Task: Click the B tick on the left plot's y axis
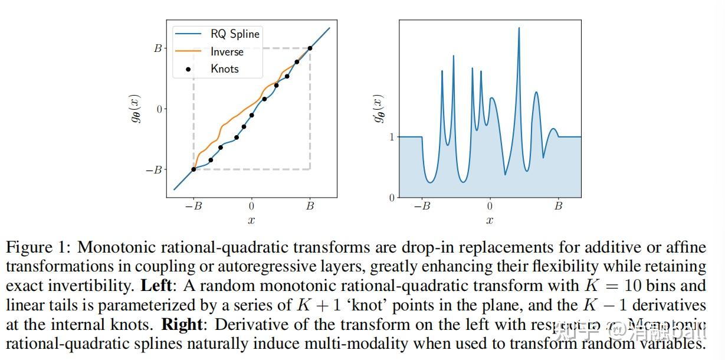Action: tap(158, 48)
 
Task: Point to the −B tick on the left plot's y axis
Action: tap(154, 170)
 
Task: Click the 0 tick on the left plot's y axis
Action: tap(159, 109)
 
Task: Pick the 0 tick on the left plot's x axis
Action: tap(251, 206)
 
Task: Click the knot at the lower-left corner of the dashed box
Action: tap(193, 169)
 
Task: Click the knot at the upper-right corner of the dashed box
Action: tap(310, 48)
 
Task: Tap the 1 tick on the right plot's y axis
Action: tap(391, 137)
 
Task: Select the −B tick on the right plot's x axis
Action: tap(422, 206)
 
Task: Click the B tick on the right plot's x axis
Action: tap(558, 206)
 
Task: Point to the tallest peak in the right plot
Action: tap(519, 28)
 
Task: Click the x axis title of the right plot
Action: tap(490, 220)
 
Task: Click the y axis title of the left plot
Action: tap(136, 109)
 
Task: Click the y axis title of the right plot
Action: tap(379, 109)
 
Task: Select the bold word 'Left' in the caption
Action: tap(156, 286)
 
